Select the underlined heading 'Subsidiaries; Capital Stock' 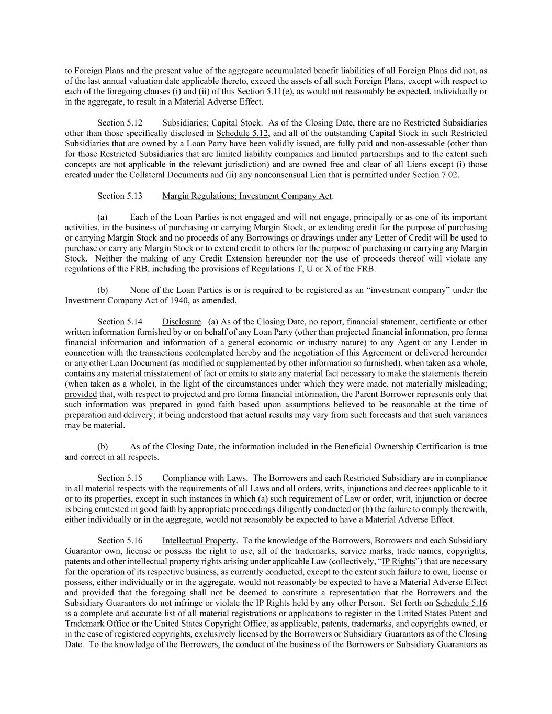[x=211, y=123]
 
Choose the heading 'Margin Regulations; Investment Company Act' [x=247, y=196]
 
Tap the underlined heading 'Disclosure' [x=182, y=322]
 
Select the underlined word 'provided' [x=81, y=394]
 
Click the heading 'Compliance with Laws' [x=204, y=478]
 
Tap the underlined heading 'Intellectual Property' [x=199, y=540]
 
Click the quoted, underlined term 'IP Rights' [x=398, y=561]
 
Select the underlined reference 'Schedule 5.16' [x=461, y=603]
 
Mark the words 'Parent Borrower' [x=400, y=394]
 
